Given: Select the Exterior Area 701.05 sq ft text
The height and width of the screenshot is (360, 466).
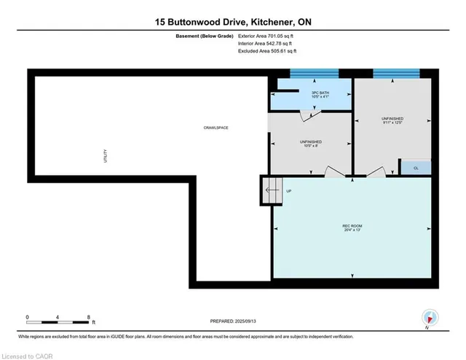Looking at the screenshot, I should [x=267, y=36].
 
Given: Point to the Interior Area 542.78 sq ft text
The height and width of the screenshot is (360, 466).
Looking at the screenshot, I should [x=267, y=44].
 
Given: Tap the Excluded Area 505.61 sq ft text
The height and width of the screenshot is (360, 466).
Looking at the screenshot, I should [x=267, y=52].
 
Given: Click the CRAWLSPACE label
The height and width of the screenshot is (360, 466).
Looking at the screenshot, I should [x=216, y=128].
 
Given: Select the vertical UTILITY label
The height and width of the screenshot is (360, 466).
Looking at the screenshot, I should [x=106, y=155].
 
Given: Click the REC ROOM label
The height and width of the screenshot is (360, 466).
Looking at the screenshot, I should [x=352, y=227].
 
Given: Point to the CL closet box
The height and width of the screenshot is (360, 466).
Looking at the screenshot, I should [x=416, y=168].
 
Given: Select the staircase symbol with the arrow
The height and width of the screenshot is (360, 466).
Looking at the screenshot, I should [x=270, y=191].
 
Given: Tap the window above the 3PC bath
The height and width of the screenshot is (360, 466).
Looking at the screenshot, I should [x=315, y=73].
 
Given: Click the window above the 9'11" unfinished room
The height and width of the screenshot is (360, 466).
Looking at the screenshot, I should [x=396, y=73].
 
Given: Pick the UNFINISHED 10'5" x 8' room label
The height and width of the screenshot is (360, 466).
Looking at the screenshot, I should [x=312, y=144].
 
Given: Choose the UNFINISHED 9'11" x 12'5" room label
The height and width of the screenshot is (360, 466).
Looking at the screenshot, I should [x=392, y=120].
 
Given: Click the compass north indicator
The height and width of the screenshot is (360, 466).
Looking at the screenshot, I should [x=431, y=318].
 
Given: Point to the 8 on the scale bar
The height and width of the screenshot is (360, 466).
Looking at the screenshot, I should [x=89, y=317].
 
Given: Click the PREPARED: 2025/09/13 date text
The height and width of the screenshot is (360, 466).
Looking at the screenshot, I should [x=233, y=321].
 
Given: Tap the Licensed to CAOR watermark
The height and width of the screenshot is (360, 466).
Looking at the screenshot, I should [x=28, y=355].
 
